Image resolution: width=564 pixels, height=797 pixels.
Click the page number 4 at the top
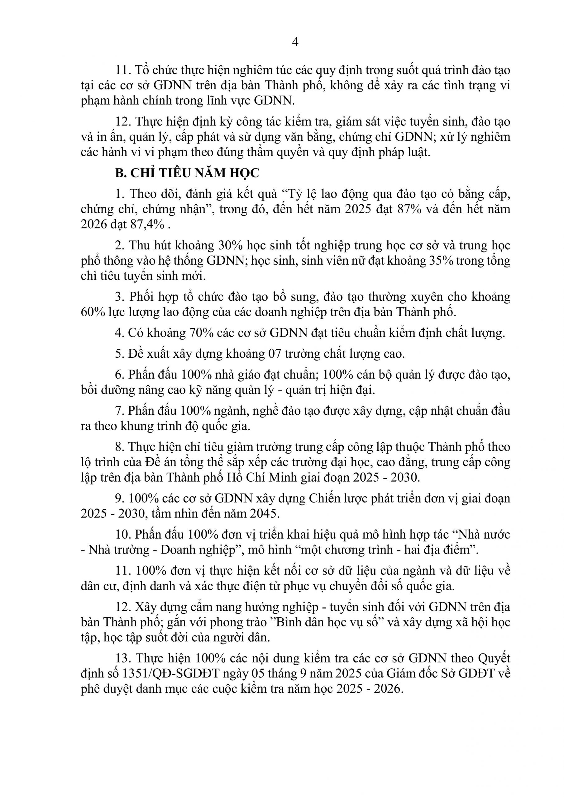click(295, 42)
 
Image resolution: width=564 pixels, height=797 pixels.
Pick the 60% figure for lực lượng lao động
click(93, 312)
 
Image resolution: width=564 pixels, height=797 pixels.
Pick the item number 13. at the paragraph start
click(123, 658)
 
